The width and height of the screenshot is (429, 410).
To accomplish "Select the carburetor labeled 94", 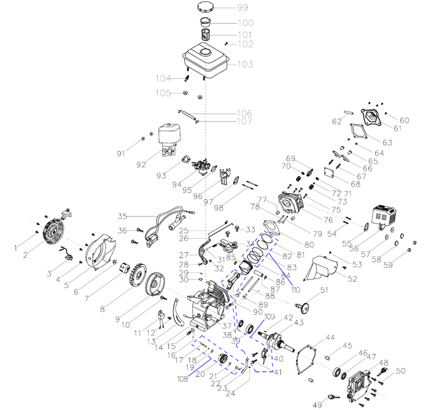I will point(202,166).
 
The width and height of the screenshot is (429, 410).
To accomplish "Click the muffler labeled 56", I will point(384,216).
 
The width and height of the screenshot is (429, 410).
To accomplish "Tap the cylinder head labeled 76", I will point(291,203).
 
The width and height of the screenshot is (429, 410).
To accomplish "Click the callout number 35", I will point(122,217).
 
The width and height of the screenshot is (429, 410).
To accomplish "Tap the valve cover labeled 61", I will point(370,115).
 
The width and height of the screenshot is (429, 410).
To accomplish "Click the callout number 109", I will point(269,316).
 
